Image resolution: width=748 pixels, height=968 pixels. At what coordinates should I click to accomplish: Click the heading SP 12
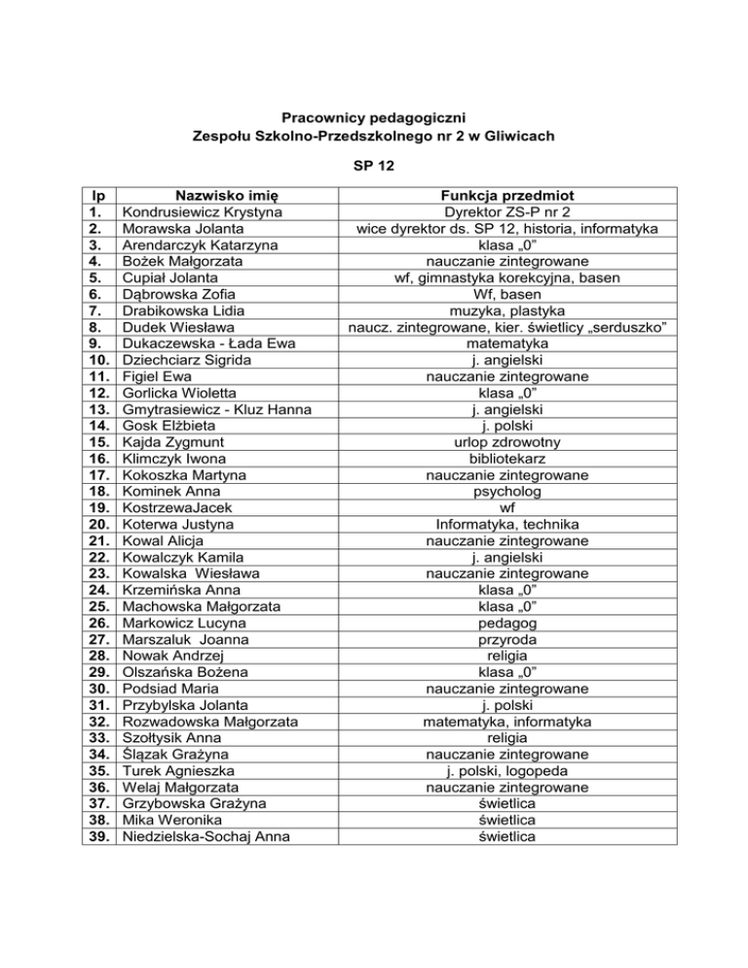(x=374, y=166)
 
